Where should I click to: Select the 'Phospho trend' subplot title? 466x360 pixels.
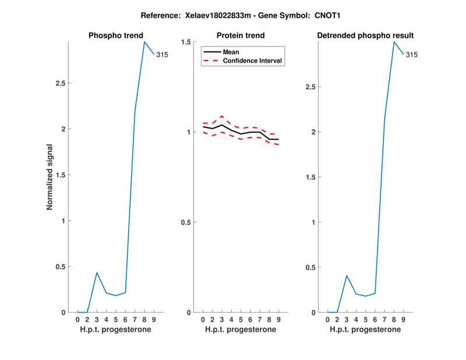click(115, 36)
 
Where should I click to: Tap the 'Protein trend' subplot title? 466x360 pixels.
click(241, 36)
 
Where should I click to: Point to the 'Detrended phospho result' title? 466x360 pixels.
click(365, 36)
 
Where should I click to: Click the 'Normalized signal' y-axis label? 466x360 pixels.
click(50, 177)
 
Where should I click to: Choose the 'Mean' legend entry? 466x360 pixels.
click(231, 52)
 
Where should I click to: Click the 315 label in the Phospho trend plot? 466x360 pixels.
click(162, 55)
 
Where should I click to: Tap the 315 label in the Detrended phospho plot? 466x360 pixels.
click(412, 55)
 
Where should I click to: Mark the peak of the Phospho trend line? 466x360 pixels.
click(144, 41)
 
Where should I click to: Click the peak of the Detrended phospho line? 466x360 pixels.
click(394, 41)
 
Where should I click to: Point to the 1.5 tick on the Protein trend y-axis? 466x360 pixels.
click(187, 42)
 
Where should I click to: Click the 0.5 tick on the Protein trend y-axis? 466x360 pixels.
click(187, 223)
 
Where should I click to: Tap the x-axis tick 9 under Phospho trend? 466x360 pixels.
click(154, 320)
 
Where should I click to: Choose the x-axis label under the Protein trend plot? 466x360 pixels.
click(241, 330)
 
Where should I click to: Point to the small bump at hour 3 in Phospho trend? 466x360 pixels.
click(97, 273)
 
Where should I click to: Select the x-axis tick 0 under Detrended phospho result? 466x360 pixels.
click(327, 320)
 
